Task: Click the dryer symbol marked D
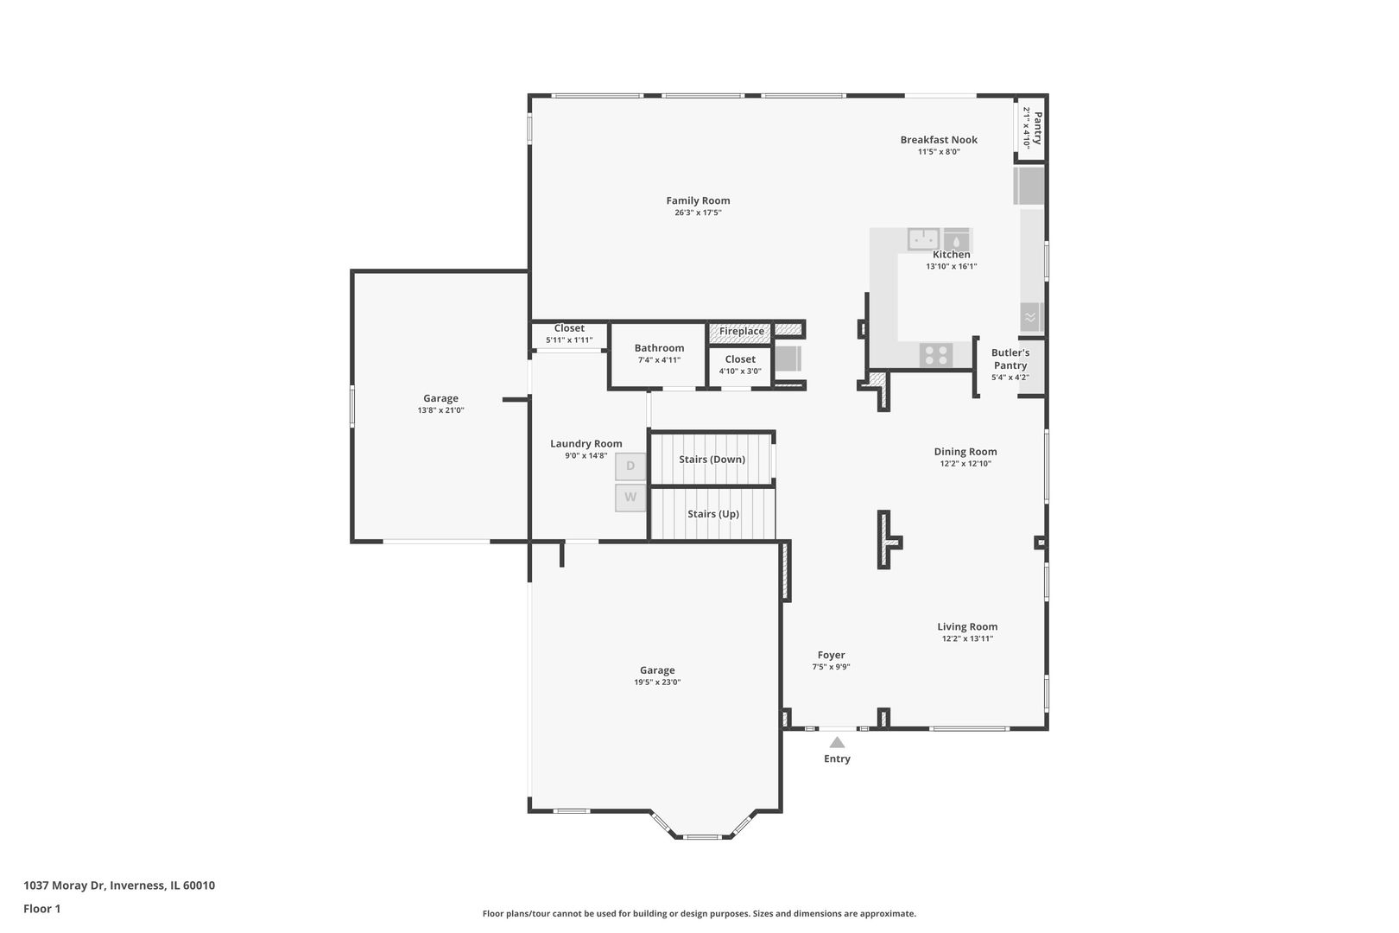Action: coord(630,466)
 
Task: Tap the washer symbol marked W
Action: coord(630,498)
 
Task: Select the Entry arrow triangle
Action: coord(837,742)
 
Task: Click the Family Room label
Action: coord(698,200)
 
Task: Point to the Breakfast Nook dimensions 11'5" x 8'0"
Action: coord(939,152)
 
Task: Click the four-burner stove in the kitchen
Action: coord(936,355)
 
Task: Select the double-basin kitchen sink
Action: coord(923,238)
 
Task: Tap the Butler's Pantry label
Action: coord(1010,359)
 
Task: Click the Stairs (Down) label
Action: coord(712,460)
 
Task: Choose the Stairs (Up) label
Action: coord(713,514)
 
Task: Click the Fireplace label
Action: coord(741,332)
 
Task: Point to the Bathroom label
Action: coord(659,348)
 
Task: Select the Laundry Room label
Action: coord(586,444)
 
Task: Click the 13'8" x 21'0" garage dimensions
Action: coord(440,410)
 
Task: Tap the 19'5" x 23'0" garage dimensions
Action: coord(657,682)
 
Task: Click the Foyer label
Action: coord(831,656)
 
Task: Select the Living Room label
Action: coord(967,627)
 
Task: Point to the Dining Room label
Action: coord(965,452)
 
